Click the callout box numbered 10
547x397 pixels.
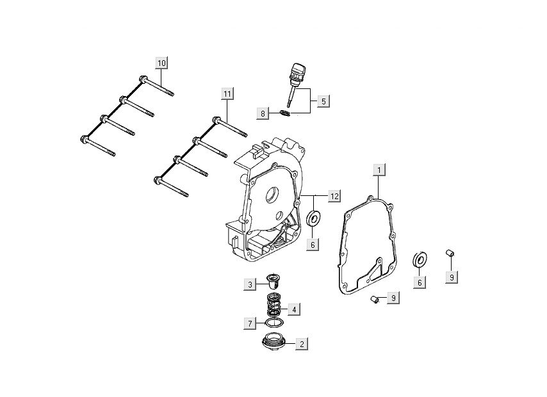[161, 63]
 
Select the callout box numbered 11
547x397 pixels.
[227, 94]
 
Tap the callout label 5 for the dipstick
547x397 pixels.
[323, 101]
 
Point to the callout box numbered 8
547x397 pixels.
[262, 114]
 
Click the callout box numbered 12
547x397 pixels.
[334, 196]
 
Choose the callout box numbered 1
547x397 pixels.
[379, 170]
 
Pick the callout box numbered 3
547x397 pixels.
[250, 284]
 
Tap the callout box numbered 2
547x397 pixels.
[300, 344]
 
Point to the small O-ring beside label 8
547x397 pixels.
[286, 114]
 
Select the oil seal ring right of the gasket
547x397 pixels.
[420, 259]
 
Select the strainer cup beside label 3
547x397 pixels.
[273, 281]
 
